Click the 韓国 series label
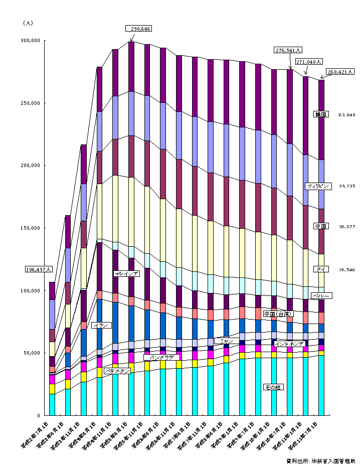point(321,114)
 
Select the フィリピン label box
point(318,186)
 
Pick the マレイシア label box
point(126,273)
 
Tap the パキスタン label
point(117,371)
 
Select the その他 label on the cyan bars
point(273,387)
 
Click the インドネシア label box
point(289,344)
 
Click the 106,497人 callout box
point(39,270)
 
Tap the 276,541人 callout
point(288,50)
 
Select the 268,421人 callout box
point(340,72)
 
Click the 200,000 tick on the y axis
point(31,166)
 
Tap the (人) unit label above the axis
point(28,23)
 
